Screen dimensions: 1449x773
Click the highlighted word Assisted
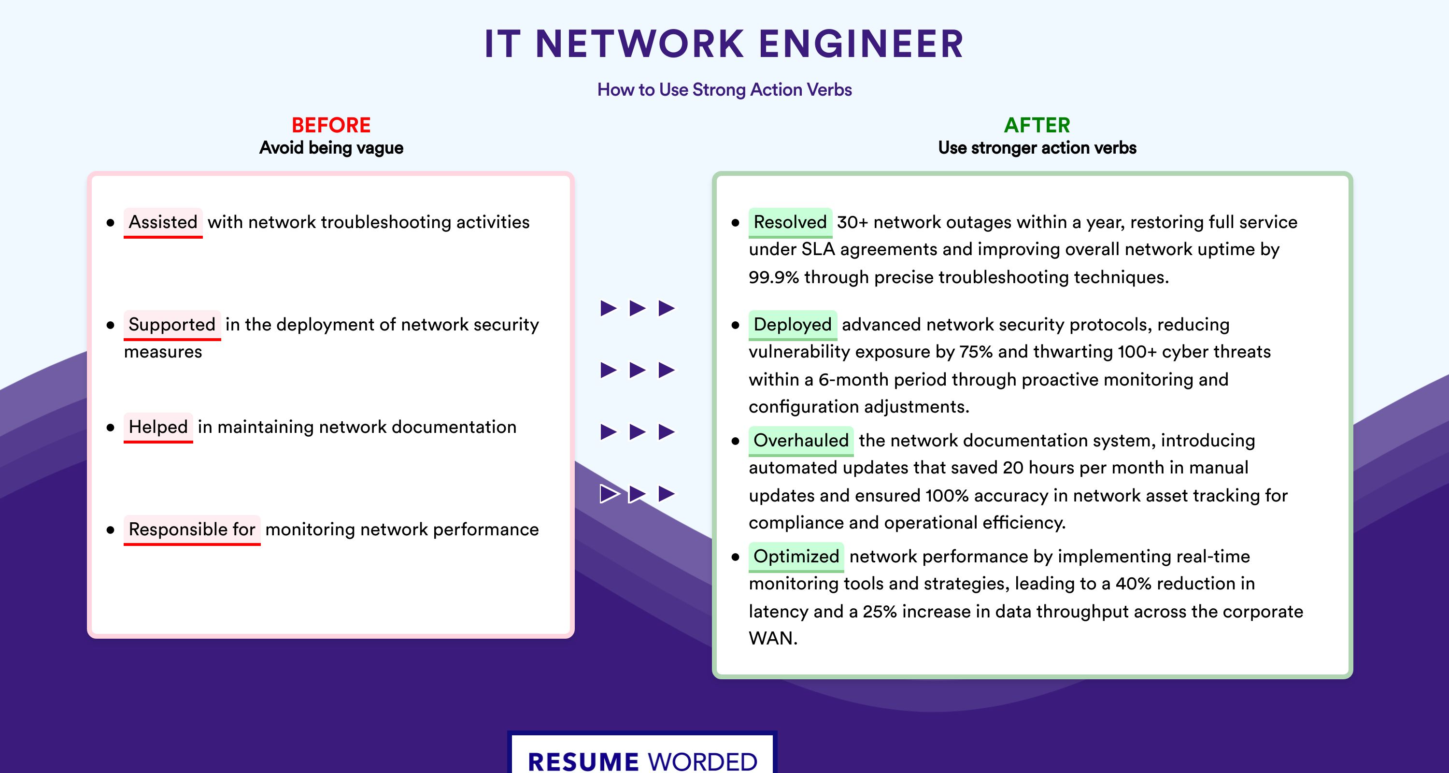click(163, 222)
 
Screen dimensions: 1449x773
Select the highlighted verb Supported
click(172, 325)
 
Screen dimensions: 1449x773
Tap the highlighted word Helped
click(158, 427)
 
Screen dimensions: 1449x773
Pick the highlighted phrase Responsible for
click(192, 530)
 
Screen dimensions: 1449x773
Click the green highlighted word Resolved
click(790, 222)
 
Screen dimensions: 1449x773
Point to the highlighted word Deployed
click(793, 325)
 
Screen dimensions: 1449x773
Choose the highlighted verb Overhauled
click(801, 441)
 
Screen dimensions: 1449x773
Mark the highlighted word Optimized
click(796, 557)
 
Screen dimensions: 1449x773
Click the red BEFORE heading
click(331, 125)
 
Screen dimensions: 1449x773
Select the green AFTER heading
click(1037, 125)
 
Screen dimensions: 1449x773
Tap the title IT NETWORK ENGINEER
click(724, 44)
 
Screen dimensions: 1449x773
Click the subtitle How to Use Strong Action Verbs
click(724, 89)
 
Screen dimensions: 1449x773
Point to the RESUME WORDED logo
click(642, 757)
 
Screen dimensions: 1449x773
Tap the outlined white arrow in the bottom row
click(609, 494)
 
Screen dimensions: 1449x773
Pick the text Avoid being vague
click(331, 148)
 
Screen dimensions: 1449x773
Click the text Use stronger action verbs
click(1037, 148)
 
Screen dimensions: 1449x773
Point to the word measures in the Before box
click(163, 352)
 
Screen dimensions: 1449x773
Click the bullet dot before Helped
click(110, 428)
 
